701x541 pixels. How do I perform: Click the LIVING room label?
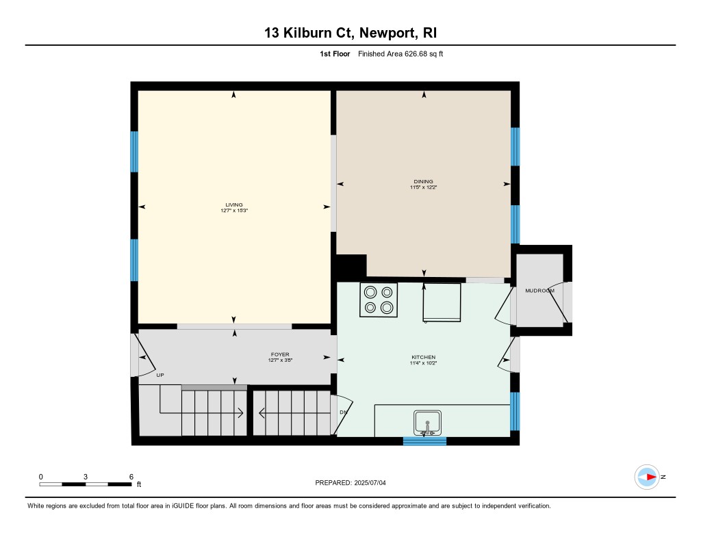(x=234, y=204)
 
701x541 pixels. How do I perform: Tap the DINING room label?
(x=423, y=181)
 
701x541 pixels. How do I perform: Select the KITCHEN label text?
(x=423, y=358)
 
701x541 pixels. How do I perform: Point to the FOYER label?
(x=280, y=355)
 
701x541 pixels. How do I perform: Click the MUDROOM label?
(x=539, y=291)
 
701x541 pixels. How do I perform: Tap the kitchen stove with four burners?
(x=379, y=300)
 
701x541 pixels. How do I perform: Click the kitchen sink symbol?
(x=427, y=423)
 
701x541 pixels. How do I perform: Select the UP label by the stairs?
(x=160, y=375)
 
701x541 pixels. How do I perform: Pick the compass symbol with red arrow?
(x=647, y=477)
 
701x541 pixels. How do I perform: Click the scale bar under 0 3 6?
(x=86, y=484)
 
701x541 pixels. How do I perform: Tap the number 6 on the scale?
(x=131, y=477)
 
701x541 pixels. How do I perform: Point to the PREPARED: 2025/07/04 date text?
(x=350, y=483)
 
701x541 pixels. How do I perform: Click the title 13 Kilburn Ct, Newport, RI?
(x=350, y=33)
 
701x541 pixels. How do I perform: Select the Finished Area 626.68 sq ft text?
(x=400, y=54)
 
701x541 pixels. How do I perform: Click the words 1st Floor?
(x=335, y=54)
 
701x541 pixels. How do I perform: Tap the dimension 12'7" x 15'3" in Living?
(x=234, y=211)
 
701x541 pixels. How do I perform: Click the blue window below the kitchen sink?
(x=424, y=441)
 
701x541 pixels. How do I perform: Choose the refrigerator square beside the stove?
(x=442, y=302)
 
